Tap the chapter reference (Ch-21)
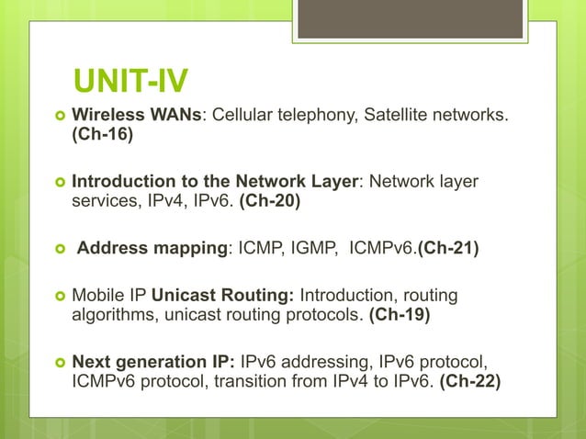click(x=448, y=246)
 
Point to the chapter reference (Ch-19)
click(x=400, y=315)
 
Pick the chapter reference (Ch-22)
click(x=471, y=381)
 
